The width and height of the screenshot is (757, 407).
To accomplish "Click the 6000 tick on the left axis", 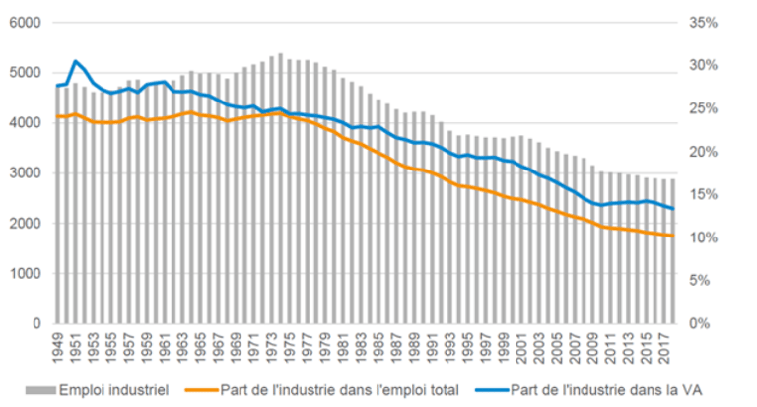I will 26,23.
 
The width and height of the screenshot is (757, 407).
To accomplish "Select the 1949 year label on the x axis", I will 58,344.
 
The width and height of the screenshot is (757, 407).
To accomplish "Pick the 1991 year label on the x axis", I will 432,344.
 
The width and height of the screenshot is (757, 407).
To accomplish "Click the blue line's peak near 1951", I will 75,61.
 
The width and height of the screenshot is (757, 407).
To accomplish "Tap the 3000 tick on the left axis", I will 26,173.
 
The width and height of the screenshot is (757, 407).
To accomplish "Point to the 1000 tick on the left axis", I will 26,273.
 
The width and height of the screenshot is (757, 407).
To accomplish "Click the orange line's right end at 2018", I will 672,236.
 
